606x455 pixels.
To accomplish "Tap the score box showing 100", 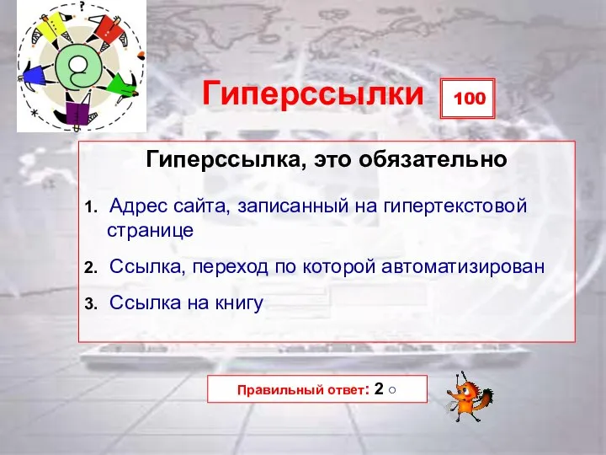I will tap(470, 99).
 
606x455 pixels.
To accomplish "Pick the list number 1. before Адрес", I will tap(92, 206).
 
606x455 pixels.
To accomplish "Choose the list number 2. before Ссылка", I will tap(92, 268).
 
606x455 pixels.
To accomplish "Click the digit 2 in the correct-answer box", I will tap(380, 389).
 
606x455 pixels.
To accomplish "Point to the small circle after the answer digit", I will tap(394, 390).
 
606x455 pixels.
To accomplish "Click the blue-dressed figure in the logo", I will tap(35, 78).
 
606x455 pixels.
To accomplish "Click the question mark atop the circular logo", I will tap(82, 5).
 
